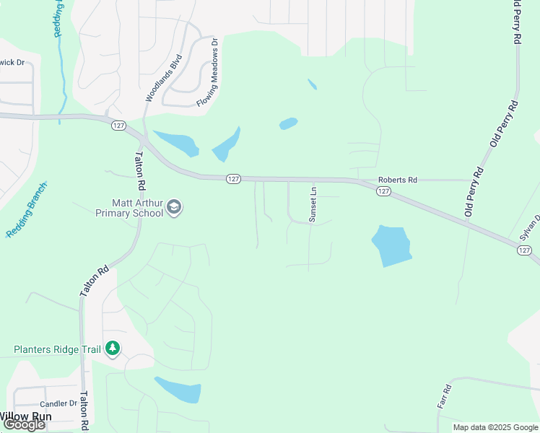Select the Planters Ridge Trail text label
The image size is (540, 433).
[x=58, y=349]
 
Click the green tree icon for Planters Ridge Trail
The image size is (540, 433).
[x=112, y=349]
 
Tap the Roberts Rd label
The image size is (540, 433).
[x=398, y=180]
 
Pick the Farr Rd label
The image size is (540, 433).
[x=445, y=398]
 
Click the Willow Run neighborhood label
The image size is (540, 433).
[x=25, y=416]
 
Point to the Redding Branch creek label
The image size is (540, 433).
[x=27, y=210]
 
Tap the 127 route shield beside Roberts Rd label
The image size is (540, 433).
[x=383, y=191]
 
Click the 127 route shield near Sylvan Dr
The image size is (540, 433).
[x=525, y=250]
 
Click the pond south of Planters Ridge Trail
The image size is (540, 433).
[x=179, y=390]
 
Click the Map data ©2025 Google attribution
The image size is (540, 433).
[x=495, y=427]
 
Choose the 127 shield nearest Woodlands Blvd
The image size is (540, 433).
[x=119, y=126]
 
